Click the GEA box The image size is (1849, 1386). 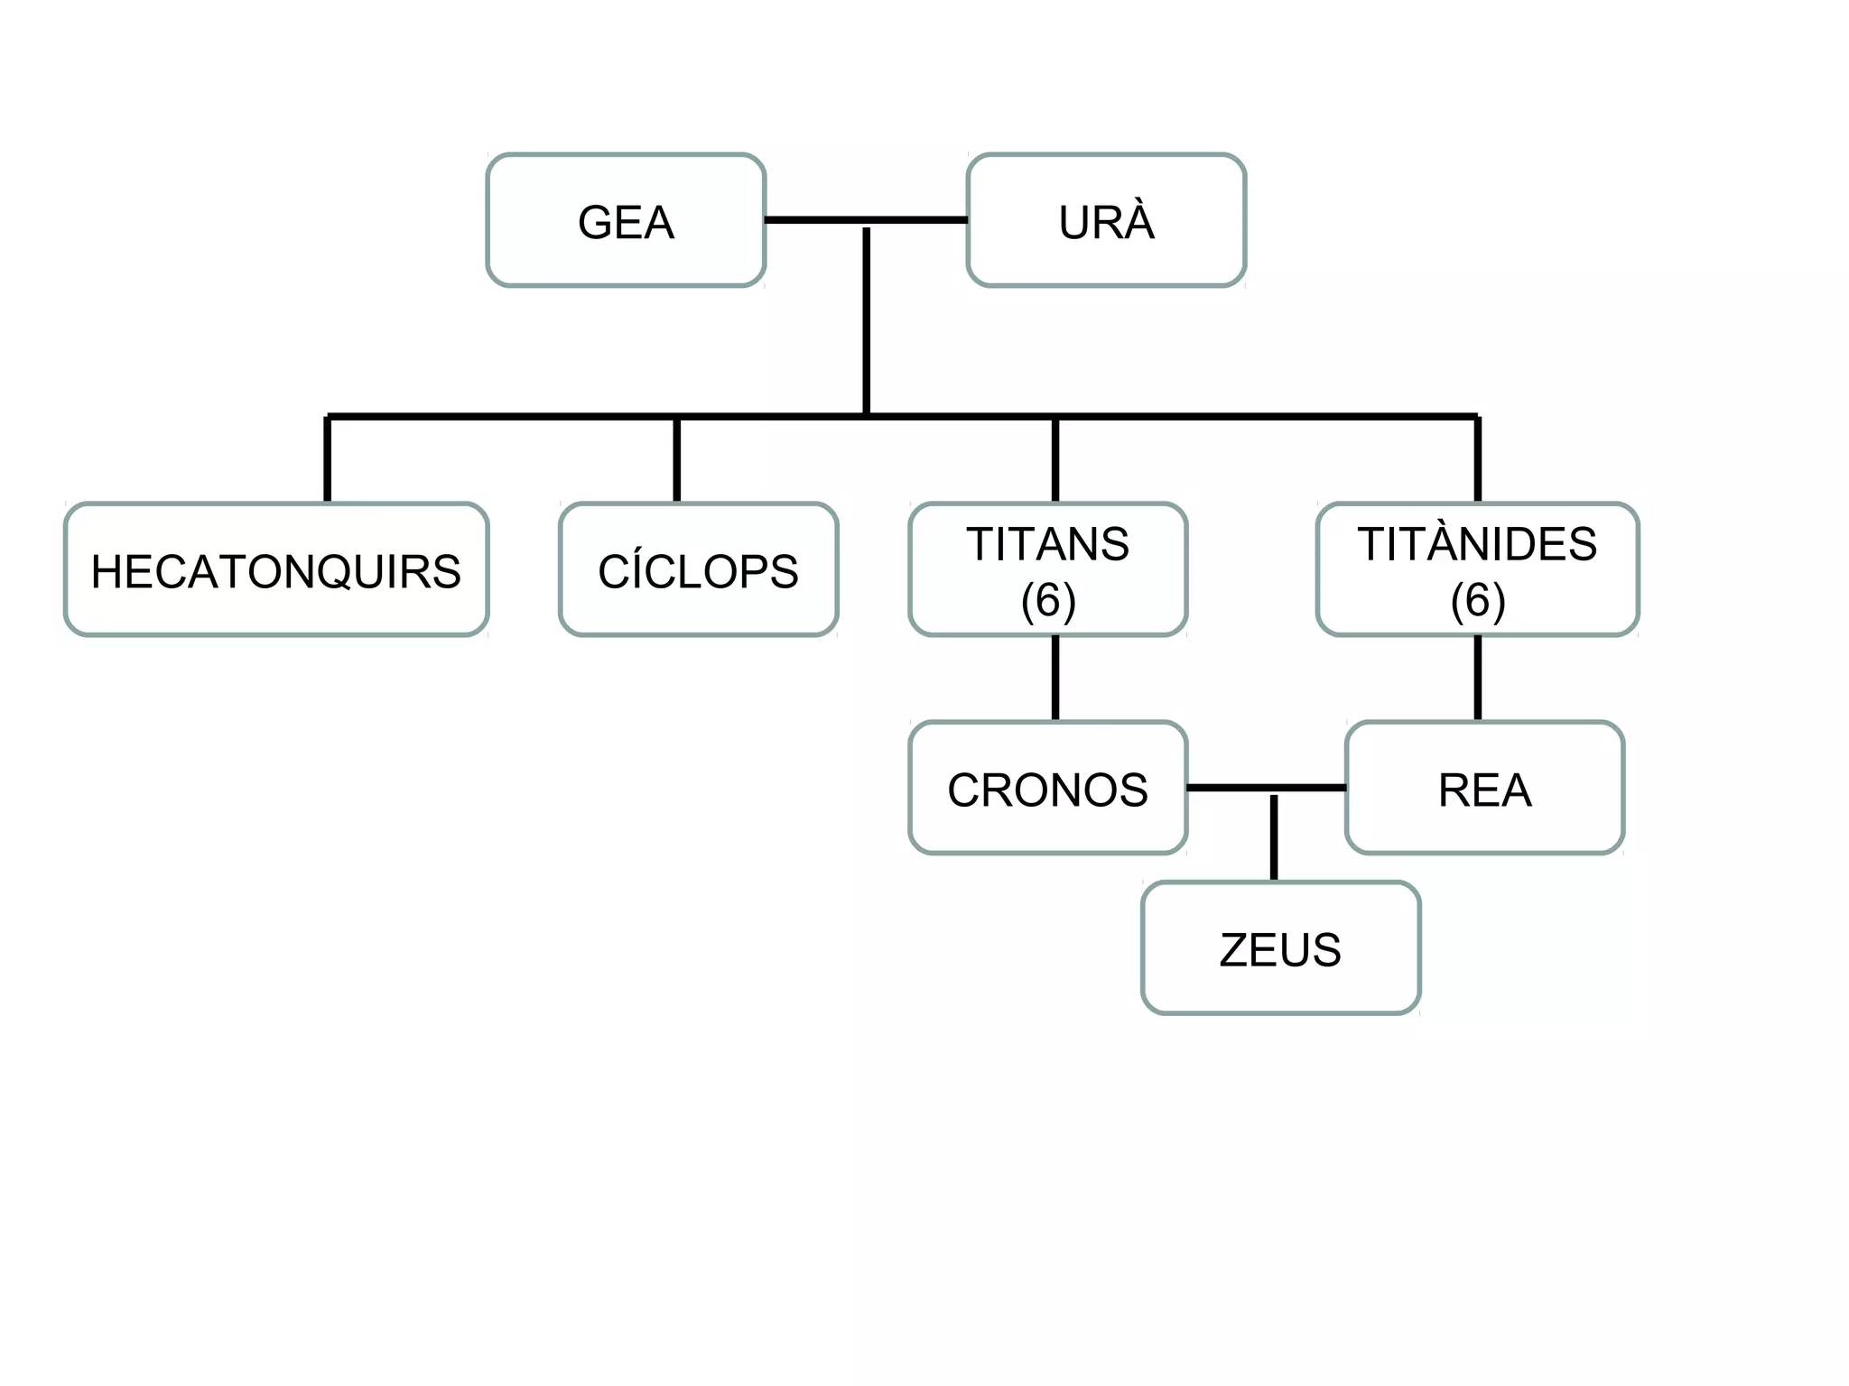(x=626, y=221)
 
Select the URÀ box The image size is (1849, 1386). (x=1106, y=221)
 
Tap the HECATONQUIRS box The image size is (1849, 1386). (x=276, y=570)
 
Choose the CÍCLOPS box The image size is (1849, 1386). (x=698, y=570)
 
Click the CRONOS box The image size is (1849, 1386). (x=1047, y=789)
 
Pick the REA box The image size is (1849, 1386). (x=1484, y=789)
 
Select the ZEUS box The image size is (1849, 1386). (x=1280, y=948)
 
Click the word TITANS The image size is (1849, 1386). (x=1047, y=544)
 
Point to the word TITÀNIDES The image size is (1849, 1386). (x=1477, y=544)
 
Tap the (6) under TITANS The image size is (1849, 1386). (x=1047, y=600)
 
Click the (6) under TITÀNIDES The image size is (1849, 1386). (x=1477, y=600)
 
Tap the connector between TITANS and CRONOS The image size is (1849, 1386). (x=1055, y=678)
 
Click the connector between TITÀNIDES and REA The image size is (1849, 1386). (x=1477, y=678)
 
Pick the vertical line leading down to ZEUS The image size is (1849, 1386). (x=1274, y=837)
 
